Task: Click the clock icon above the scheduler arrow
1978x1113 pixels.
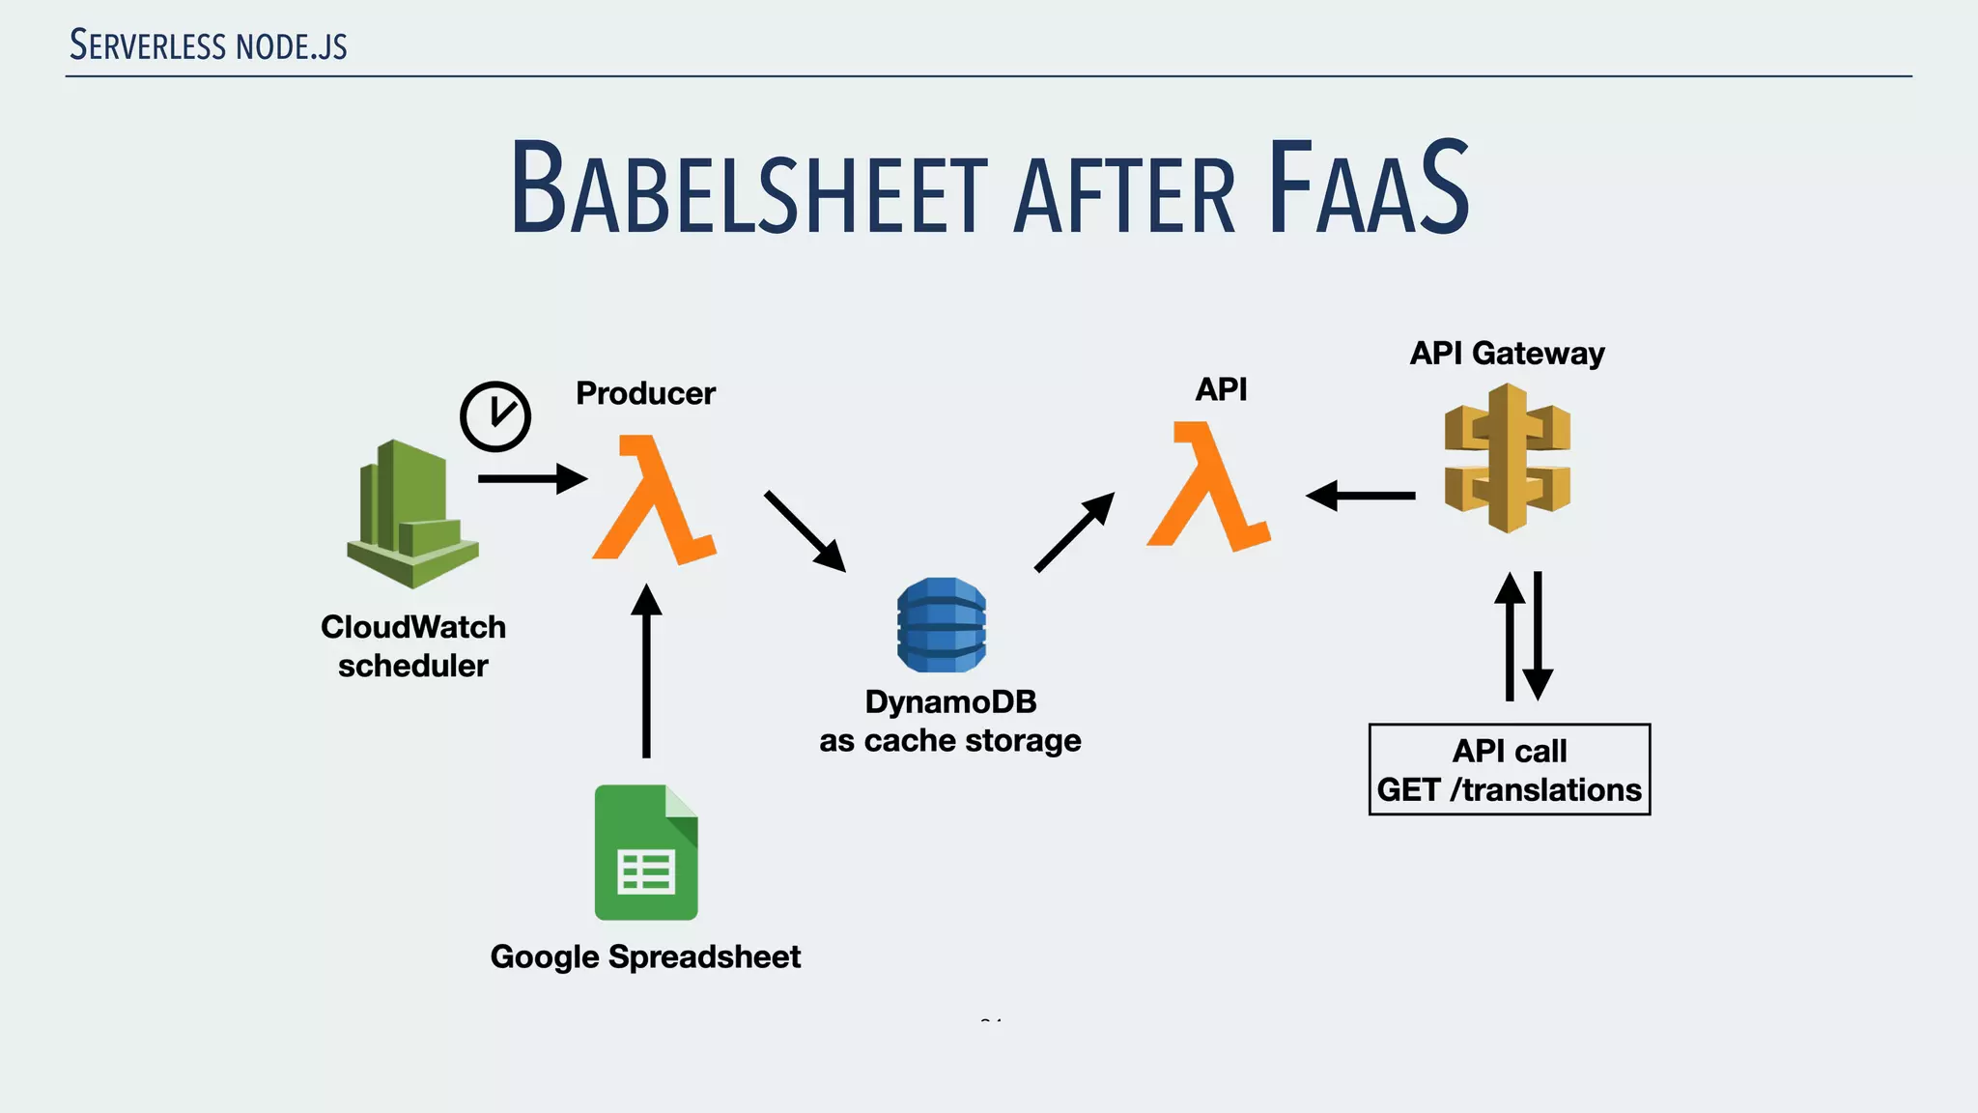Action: click(495, 416)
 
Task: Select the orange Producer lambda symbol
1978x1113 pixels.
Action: click(654, 499)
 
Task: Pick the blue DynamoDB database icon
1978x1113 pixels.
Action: click(942, 625)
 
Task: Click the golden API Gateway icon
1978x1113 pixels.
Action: click(1508, 458)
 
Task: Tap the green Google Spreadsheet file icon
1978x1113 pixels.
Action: click(646, 852)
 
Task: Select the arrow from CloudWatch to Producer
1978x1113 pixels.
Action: click(532, 478)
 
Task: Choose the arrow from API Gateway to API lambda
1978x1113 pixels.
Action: click(1360, 496)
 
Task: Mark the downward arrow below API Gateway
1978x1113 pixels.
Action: click(1538, 637)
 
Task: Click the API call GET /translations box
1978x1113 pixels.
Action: click(1510, 770)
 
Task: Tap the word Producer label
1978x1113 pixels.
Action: click(645, 393)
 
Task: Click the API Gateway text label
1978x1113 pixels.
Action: click(1507, 354)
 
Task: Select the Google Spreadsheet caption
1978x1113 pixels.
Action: click(645, 956)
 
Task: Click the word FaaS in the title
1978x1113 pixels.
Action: click(1369, 188)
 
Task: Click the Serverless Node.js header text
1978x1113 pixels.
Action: click(209, 45)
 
